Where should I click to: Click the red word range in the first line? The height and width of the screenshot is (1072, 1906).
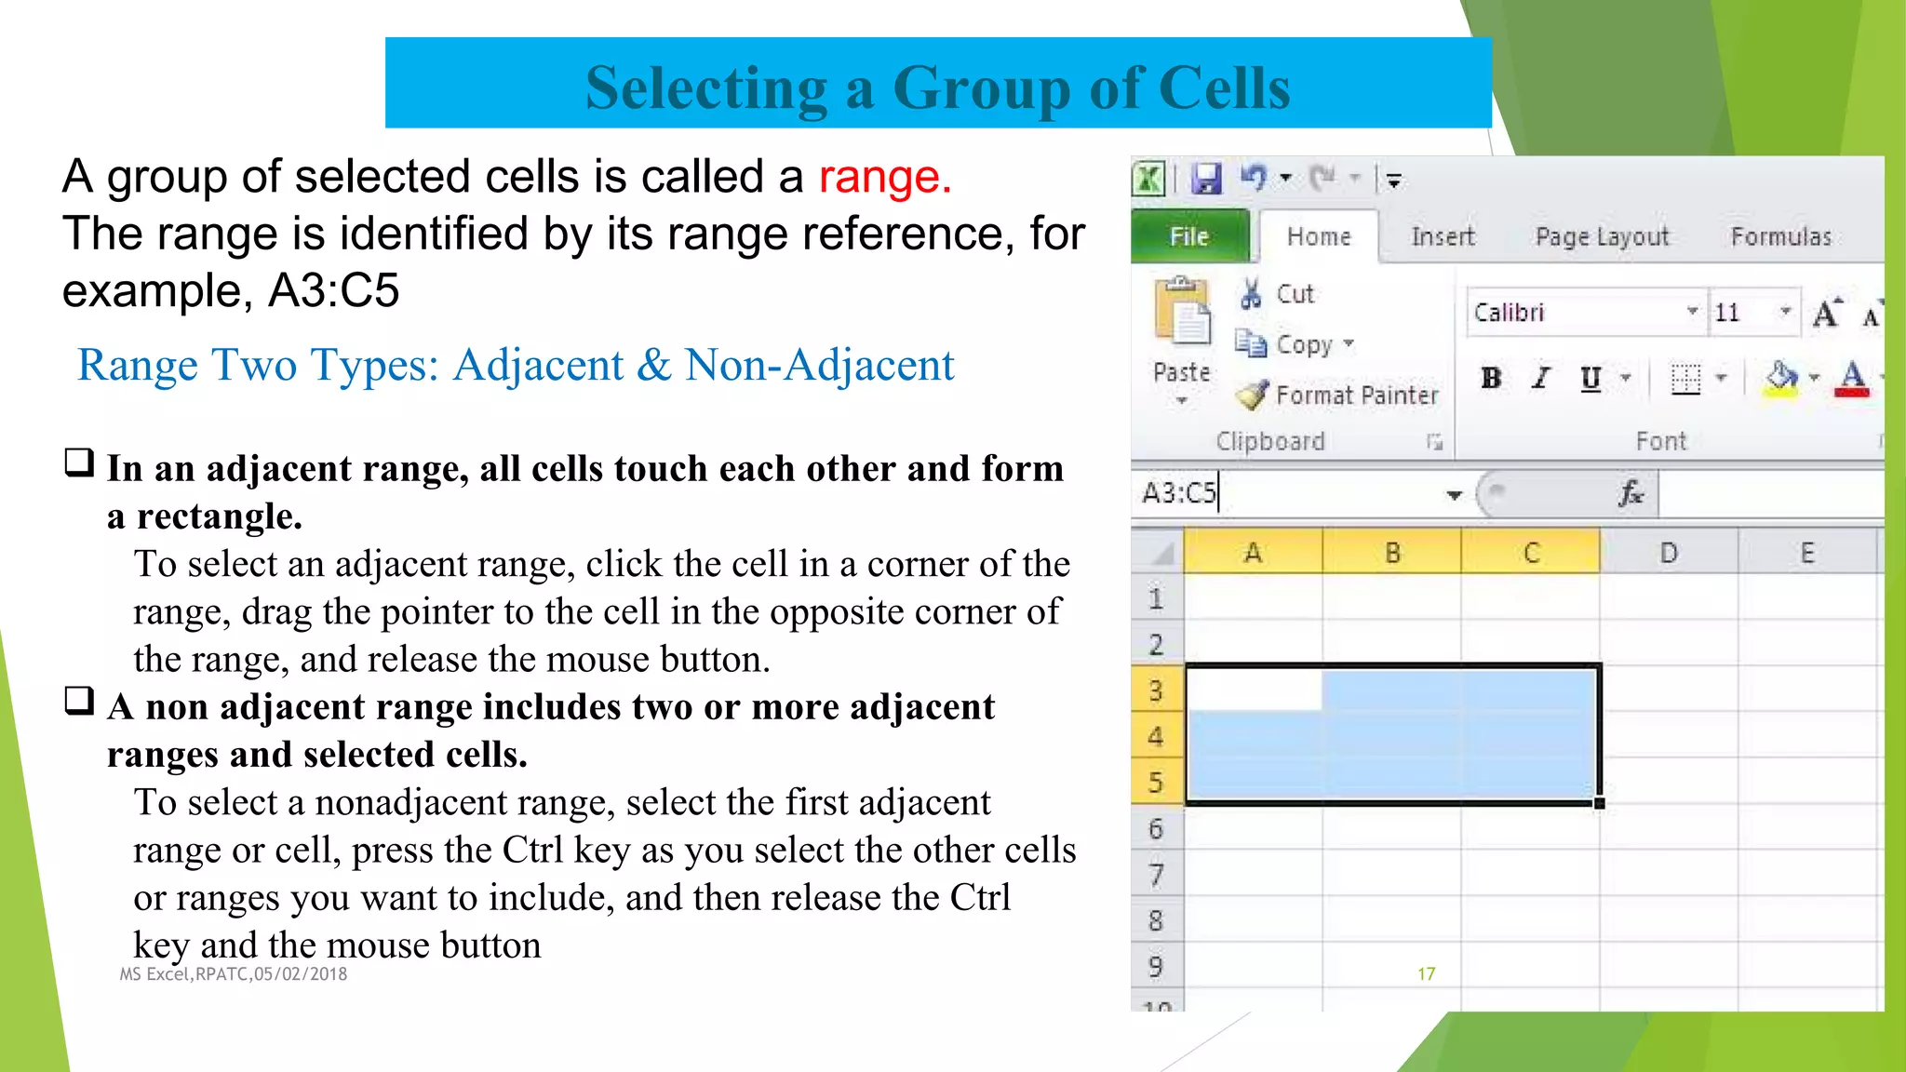[x=884, y=177]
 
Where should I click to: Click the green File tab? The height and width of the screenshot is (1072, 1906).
[x=1188, y=237]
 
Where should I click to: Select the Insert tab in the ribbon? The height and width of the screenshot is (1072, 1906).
[x=1443, y=237]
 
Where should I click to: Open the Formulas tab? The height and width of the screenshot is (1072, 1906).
[x=1780, y=237]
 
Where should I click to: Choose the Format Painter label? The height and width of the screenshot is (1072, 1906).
[x=1356, y=395]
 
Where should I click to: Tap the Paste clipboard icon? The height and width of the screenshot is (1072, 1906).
[x=1182, y=312]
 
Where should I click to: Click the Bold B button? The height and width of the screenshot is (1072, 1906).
[x=1491, y=378]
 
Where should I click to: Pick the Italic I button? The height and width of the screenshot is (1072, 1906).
[x=1541, y=378]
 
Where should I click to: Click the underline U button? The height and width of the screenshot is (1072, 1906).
[x=1591, y=378]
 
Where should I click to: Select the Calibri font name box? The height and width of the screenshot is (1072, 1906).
[x=1577, y=313]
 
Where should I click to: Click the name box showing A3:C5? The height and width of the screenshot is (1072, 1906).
[x=1284, y=492]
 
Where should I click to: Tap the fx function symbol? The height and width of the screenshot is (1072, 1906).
[x=1631, y=492]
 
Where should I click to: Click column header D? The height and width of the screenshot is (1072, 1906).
[x=1669, y=553]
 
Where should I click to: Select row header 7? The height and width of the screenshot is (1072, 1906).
[x=1156, y=875]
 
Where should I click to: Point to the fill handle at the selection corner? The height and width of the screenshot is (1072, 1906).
[x=1599, y=803]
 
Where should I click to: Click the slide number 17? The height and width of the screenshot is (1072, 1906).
[x=1426, y=973]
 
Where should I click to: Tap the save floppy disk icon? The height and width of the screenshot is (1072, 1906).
[x=1206, y=178]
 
